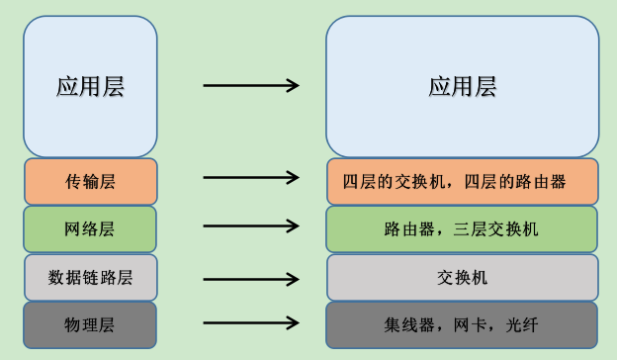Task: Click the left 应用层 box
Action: (x=90, y=86)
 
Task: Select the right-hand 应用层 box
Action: (x=462, y=86)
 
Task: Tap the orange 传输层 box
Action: (x=90, y=181)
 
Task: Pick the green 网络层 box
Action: (x=90, y=229)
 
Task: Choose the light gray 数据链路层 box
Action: (x=90, y=277)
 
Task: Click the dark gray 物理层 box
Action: (x=90, y=324)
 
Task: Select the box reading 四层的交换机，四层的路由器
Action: (x=462, y=181)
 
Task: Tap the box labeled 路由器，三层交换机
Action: (x=462, y=229)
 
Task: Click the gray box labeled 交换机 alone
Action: (x=462, y=277)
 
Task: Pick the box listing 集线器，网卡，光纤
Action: (x=462, y=324)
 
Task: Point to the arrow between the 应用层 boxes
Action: (x=250, y=86)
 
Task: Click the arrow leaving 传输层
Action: (x=250, y=179)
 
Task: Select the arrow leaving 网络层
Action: (x=250, y=226)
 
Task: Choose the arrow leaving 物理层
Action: (x=250, y=323)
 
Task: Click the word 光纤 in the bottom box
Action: (x=522, y=324)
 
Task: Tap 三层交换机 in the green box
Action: (x=499, y=229)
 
